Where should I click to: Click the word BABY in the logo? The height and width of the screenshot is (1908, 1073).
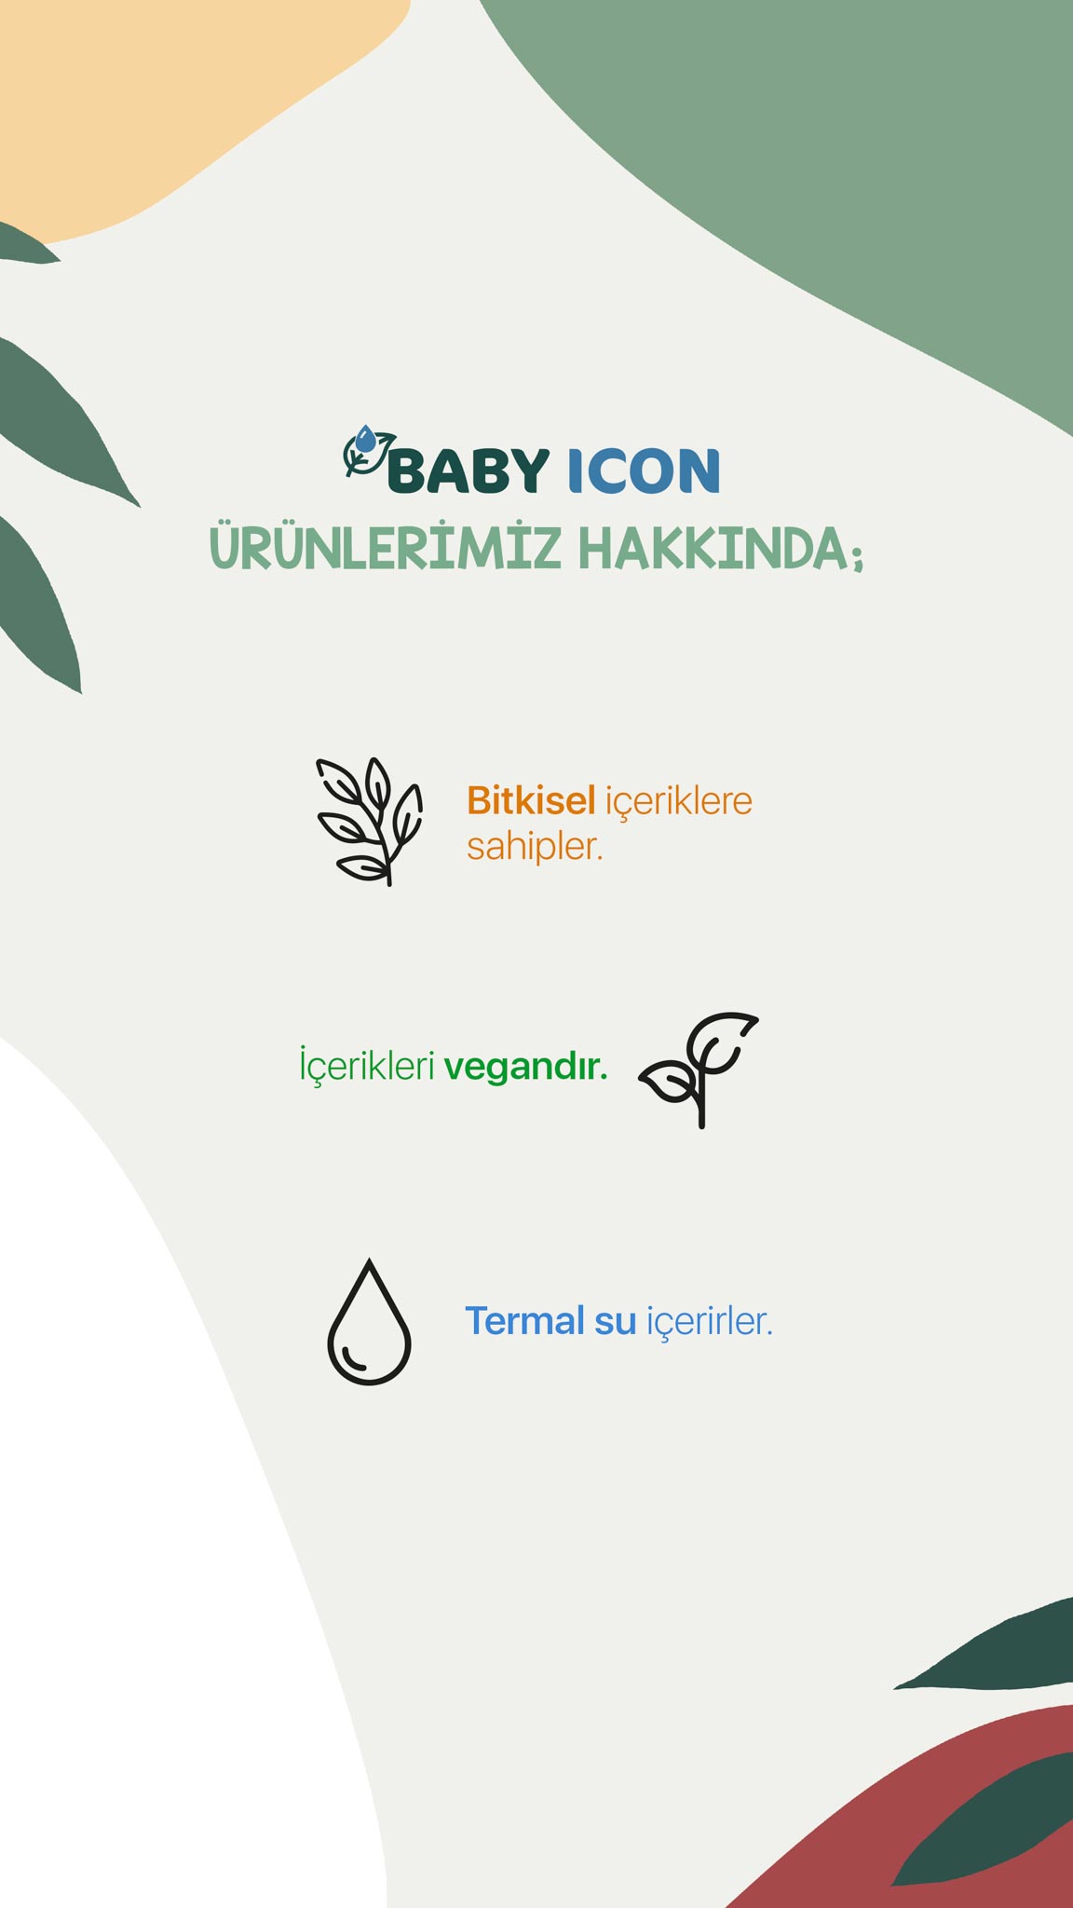click(468, 470)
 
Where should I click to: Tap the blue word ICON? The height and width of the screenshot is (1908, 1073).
click(644, 470)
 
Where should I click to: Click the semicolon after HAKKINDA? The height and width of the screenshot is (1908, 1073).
click(857, 556)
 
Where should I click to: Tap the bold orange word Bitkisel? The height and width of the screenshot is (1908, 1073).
click(531, 800)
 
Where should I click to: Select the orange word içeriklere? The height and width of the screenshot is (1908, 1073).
click(679, 802)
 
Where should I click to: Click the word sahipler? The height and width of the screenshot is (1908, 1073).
click(535, 848)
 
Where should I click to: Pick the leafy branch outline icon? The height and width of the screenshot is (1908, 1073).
click(370, 821)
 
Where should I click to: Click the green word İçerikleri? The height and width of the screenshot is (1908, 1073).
click(367, 1064)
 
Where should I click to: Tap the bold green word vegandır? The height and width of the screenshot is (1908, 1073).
click(525, 1067)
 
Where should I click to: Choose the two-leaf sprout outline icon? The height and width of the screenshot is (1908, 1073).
click(699, 1069)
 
